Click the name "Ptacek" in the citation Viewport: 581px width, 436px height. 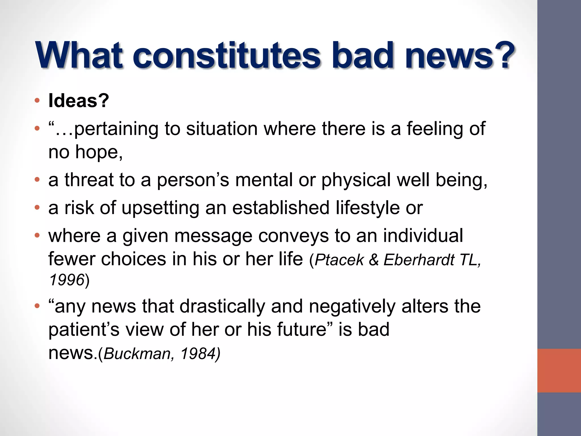339,259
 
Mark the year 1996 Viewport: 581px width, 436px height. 67,280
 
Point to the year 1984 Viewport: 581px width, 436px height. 199,354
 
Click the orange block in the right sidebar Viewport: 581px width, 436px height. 559,371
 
